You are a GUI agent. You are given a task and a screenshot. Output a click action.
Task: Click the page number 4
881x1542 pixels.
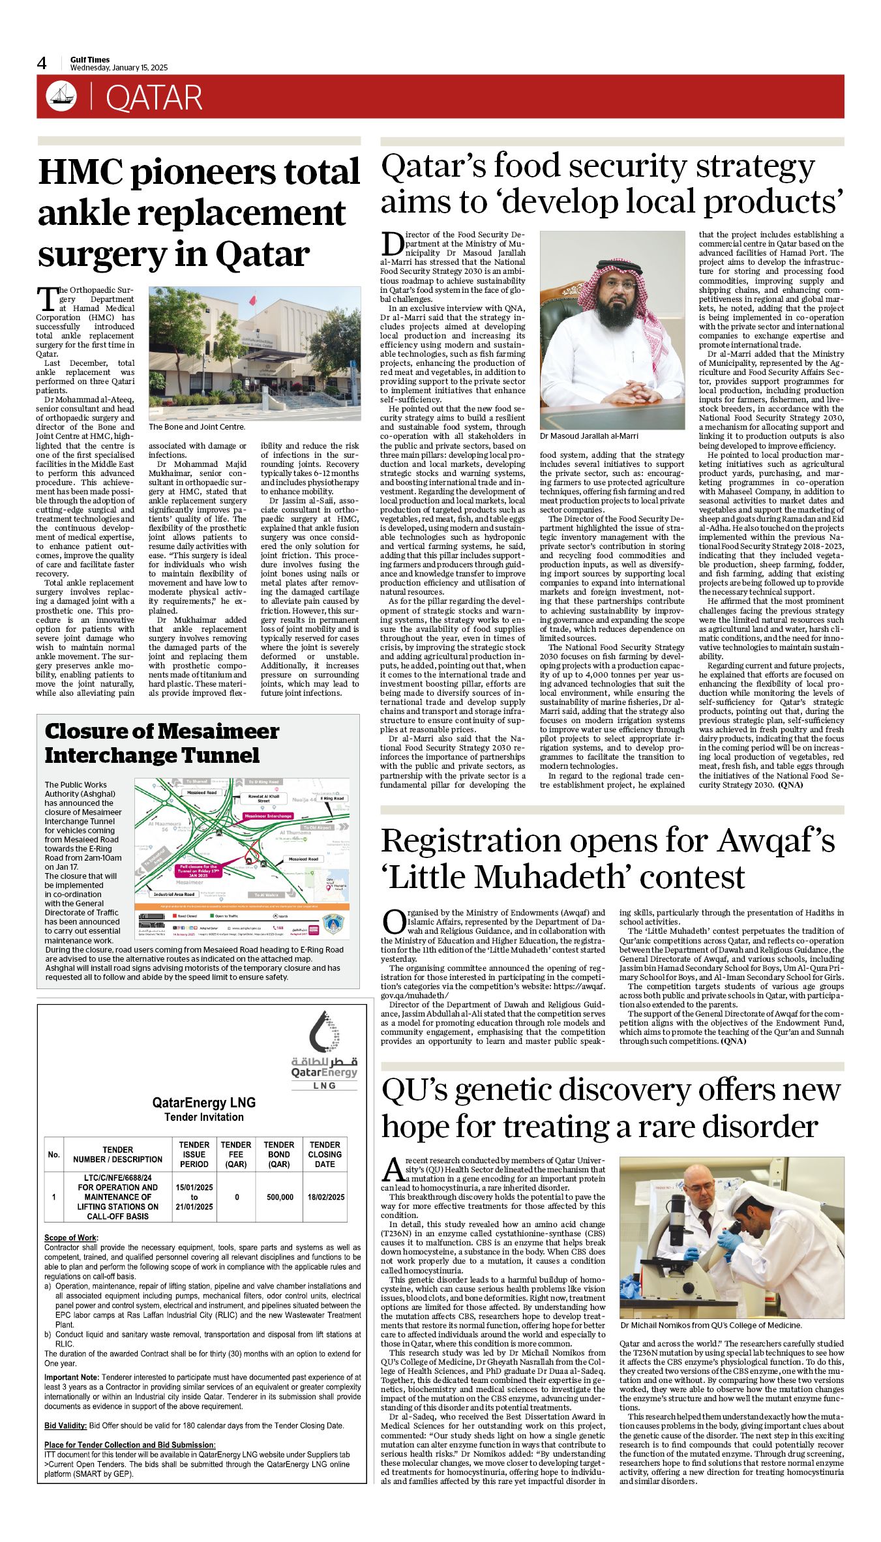(x=42, y=63)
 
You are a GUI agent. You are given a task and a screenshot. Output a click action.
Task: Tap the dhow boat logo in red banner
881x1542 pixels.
(x=61, y=96)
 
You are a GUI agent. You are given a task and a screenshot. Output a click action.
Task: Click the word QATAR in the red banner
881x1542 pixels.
(x=154, y=98)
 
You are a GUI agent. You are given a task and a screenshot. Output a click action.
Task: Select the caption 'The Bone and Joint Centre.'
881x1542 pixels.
(x=197, y=427)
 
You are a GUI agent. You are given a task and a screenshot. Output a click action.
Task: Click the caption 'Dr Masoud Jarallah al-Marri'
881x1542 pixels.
(x=589, y=436)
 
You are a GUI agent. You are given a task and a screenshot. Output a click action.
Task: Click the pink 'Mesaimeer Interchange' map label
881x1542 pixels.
(x=267, y=816)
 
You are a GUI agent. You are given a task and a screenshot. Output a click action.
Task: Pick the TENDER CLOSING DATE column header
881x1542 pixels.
(x=325, y=1154)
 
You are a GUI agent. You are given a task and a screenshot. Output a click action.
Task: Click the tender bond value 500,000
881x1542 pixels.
(x=280, y=1197)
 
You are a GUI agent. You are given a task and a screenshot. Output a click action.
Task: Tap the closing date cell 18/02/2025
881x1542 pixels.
(x=325, y=1197)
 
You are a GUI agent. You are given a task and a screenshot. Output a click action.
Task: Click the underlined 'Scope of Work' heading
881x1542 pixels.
(x=71, y=1238)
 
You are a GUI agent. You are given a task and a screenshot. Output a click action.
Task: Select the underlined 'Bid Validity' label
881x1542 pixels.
(x=65, y=1425)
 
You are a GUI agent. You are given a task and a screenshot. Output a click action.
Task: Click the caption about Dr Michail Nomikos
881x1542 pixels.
(x=711, y=1326)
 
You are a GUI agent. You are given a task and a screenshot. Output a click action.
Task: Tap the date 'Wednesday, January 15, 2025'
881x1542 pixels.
(x=119, y=68)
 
